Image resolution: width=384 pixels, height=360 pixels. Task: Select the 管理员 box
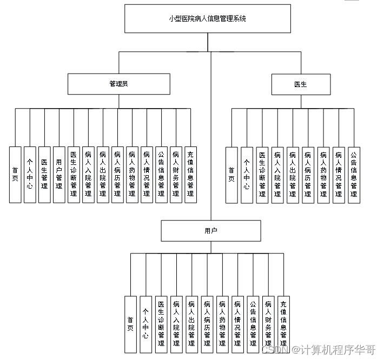118,84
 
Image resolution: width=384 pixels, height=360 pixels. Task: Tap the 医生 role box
300,84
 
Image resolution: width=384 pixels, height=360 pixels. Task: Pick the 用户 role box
211,231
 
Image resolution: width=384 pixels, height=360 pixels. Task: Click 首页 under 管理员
15,175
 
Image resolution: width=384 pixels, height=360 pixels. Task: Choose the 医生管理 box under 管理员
44,175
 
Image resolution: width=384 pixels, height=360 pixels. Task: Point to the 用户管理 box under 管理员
59,175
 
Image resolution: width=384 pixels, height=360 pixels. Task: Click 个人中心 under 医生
247,175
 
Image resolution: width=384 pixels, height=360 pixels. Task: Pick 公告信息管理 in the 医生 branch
354,175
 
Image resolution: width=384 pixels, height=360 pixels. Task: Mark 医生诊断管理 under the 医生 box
262,175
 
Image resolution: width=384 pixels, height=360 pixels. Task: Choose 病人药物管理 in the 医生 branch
323,175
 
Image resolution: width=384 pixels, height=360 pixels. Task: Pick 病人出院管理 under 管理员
103,175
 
